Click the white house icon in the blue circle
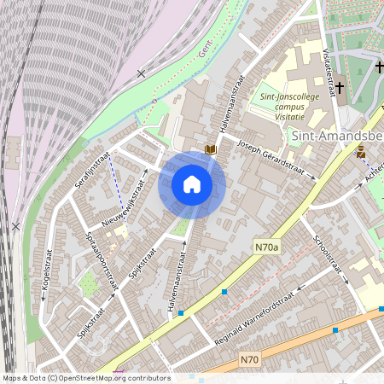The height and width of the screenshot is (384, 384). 192,184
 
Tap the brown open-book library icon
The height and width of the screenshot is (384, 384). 210,150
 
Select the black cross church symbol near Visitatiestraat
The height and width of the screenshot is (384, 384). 339,87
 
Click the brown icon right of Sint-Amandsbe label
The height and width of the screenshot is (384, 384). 361,151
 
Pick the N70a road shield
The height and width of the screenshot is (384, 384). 266,247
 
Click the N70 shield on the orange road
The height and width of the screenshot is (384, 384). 248,359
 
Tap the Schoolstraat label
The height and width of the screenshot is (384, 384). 329,258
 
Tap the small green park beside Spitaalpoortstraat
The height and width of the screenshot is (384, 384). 86,282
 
